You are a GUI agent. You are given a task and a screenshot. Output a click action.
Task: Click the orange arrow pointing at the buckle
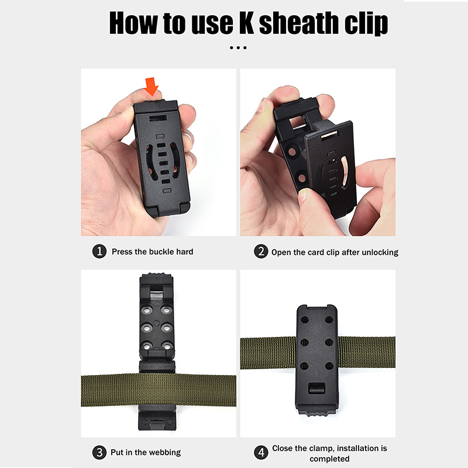tap(152, 86)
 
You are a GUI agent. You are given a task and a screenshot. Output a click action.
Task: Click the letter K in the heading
tap(246, 23)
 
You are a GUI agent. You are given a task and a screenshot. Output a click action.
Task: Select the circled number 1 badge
tap(99, 252)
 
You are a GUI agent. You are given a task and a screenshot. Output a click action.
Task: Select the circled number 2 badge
tap(261, 252)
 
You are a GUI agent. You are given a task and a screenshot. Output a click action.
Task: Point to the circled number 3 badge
tap(99, 452)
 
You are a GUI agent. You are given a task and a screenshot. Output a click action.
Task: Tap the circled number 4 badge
tap(261, 452)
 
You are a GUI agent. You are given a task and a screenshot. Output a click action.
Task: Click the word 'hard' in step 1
tap(184, 252)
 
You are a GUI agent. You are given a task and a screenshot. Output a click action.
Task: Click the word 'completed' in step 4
tap(329, 459)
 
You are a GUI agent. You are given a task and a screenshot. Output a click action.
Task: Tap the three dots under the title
tap(238, 48)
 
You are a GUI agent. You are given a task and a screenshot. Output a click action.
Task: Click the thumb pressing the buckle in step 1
tap(146, 95)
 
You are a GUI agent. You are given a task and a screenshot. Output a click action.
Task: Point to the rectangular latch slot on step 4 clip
tap(316, 388)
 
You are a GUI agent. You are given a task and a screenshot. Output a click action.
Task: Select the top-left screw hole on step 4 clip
tap(305, 319)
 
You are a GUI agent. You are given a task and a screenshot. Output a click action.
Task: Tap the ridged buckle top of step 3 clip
tap(157, 276)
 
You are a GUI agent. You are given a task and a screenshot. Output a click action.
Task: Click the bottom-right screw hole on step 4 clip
tap(329, 366)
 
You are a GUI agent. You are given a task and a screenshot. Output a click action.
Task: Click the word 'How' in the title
tap(133, 23)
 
